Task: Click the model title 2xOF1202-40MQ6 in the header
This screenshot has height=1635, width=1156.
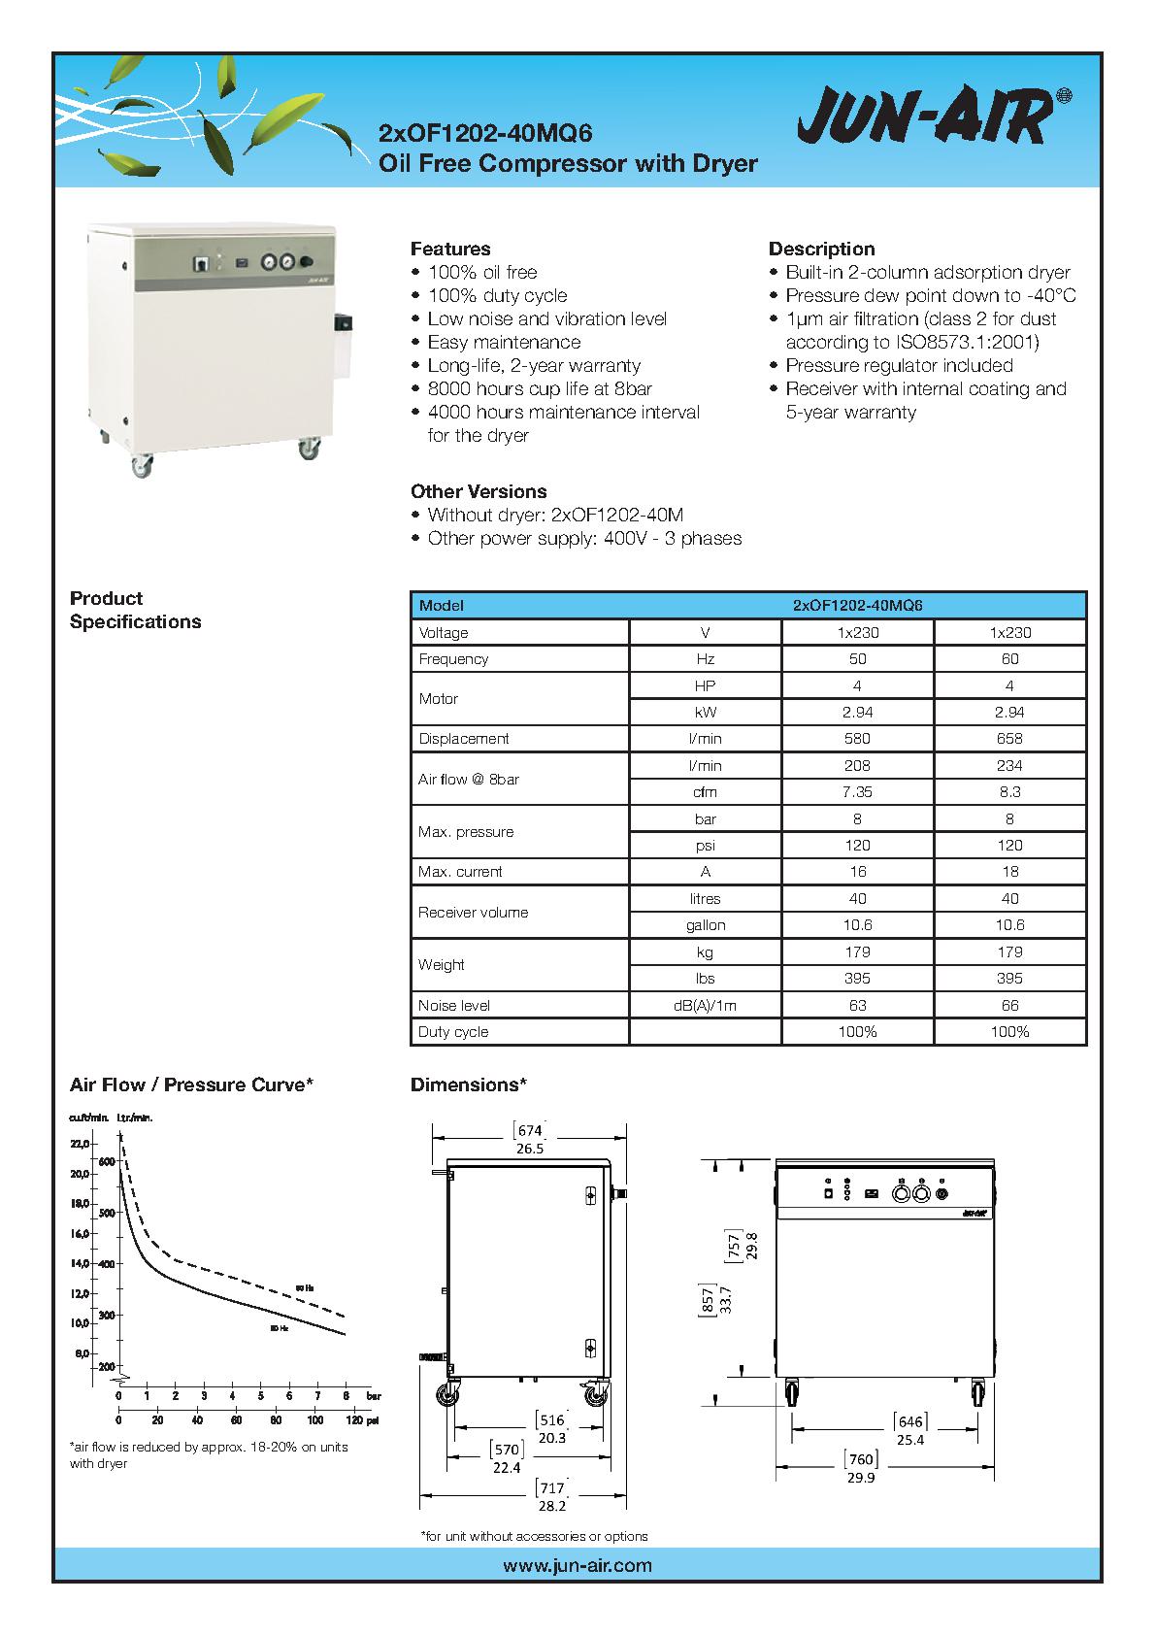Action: click(x=484, y=132)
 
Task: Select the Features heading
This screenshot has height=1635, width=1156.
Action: click(x=450, y=249)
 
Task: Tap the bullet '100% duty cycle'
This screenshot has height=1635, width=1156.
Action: click(x=497, y=295)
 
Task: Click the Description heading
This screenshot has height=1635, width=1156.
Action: click(x=821, y=249)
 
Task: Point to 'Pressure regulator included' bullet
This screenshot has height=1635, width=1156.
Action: click(x=899, y=365)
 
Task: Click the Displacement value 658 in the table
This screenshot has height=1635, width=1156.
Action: click(x=1009, y=738)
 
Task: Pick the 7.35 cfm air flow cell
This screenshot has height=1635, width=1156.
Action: click(x=857, y=791)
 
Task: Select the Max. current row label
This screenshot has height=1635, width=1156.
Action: click(x=460, y=872)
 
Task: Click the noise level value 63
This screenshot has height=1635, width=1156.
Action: click(x=857, y=1005)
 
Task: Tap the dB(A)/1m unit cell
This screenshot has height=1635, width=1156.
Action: click(x=705, y=1005)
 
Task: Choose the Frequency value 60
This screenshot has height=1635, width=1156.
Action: click(x=1009, y=658)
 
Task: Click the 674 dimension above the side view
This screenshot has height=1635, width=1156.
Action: click(x=529, y=1130)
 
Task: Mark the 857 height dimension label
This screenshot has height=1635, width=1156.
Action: click(x=708, y=1299)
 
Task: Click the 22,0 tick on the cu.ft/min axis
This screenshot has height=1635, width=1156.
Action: click(x=79, y=1144)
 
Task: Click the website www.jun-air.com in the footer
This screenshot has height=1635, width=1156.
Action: click(x=578, y=1565)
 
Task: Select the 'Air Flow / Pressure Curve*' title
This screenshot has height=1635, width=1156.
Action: click(x=191, y=1084)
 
